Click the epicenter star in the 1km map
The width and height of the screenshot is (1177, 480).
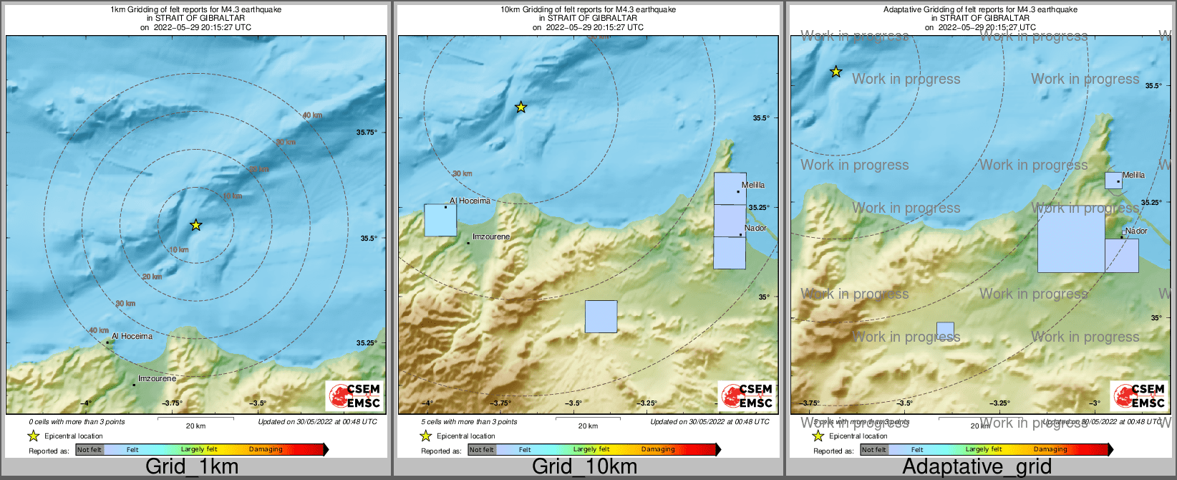coord(196,225)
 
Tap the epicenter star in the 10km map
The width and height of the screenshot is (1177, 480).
coord(521,107)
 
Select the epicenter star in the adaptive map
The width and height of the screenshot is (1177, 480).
coord(835,72)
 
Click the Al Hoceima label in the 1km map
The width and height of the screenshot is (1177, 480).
coord(132,336)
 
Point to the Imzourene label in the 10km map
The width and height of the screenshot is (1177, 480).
coord(491,236)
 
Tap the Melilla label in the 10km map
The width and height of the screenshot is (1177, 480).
coord(753,185)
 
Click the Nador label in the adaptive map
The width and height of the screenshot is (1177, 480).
coord(1136,231)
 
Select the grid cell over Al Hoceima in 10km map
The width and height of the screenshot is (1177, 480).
coord(440,221)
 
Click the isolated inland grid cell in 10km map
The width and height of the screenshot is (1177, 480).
coord(601,317)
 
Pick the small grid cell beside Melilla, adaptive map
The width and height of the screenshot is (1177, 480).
coord(1113,181)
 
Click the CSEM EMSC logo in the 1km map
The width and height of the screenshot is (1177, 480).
coord(354,396)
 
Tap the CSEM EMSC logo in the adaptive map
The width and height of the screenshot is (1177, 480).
coord(1138,396)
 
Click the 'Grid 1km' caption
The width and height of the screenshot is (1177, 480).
coord(192,467)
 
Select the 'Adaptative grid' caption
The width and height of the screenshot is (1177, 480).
coord(977,467)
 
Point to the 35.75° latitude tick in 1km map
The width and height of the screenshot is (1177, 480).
coord(366,132)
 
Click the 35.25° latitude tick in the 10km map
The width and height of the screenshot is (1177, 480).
coord(759,207)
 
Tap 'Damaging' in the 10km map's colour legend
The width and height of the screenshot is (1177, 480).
coord(658,449)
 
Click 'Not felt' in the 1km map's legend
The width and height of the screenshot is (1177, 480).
coord(89,450)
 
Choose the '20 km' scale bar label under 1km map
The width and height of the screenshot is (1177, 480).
coord(195,426)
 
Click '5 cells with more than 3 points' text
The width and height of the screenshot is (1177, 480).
coord(469,422)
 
